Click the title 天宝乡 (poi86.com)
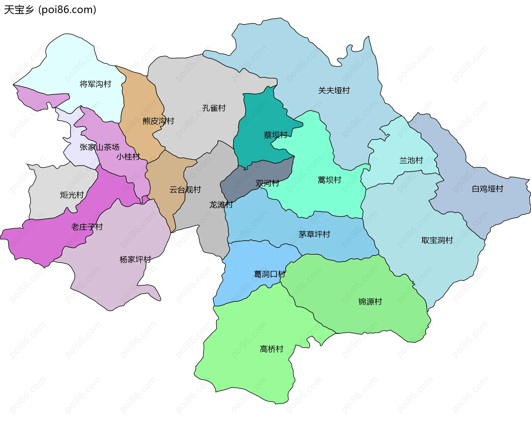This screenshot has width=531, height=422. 50,10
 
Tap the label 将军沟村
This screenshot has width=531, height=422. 95,84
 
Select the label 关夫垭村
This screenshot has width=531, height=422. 334,90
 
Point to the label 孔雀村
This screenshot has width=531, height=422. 214,108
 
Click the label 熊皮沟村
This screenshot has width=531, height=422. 158,121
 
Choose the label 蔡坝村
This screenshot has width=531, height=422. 275,135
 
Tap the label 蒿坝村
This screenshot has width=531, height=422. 329,180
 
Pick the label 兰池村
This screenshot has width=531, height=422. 411,160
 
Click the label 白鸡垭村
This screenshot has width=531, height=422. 487,189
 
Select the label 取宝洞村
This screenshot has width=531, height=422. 437,240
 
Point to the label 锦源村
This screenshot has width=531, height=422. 370,302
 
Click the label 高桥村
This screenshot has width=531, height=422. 272,349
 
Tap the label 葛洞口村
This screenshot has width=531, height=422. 269,274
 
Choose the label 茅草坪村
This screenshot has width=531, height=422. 314,234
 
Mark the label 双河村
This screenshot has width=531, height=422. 267,183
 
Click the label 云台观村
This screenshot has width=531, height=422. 185,190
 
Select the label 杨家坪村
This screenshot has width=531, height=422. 135,260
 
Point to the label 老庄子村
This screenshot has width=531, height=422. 87,227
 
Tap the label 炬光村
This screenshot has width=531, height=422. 72,195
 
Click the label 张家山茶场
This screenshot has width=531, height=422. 99,147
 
